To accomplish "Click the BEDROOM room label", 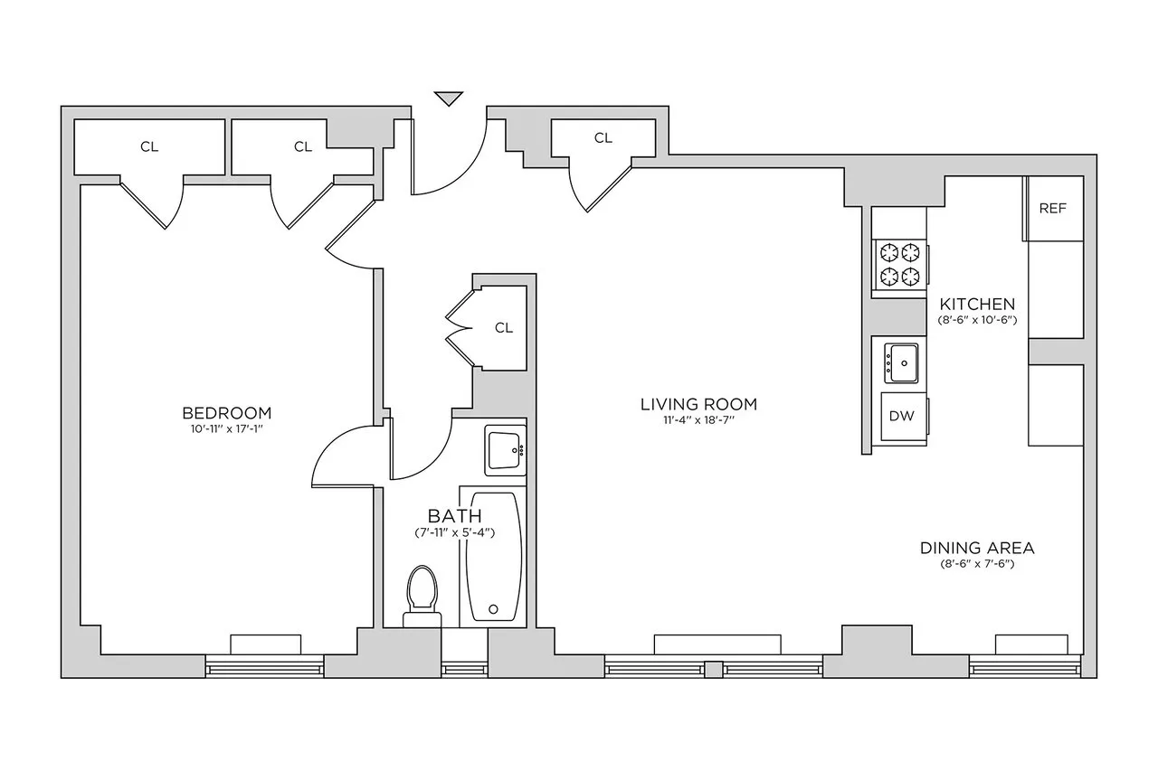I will (x=226, y=413).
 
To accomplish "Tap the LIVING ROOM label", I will (x=698, y=404).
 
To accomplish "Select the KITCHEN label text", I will (x=976, y=304).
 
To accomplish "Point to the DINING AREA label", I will (x=976, y=548).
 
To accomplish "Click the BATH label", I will (x=454, y=516).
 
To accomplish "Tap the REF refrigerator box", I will (x=1052, y=209).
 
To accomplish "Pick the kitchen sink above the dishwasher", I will (x=901, y=362).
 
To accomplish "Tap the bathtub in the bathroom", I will (x=492, y=556).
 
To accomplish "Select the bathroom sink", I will (x=505, y=449).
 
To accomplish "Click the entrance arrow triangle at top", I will (x=448, y=98).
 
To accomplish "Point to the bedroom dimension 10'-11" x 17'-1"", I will (x=226, y=428).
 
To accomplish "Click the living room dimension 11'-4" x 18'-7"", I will (x=698, y=419).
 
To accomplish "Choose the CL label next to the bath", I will (x=503, y=328).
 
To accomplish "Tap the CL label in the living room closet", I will (x=603, y=138).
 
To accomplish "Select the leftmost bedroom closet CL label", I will (x=149, y=146).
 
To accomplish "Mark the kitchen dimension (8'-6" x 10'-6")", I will (x=976, y=319).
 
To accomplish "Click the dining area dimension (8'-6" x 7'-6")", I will (x=976, y=564).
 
